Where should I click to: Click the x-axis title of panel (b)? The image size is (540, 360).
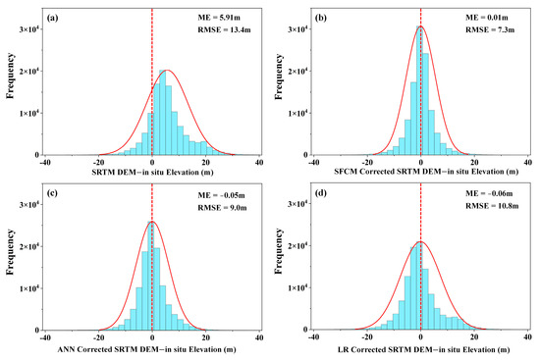420,174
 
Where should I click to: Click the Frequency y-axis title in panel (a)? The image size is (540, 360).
9,82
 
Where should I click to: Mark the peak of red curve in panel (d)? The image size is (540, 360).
420,241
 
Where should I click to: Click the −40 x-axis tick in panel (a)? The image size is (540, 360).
45,162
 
